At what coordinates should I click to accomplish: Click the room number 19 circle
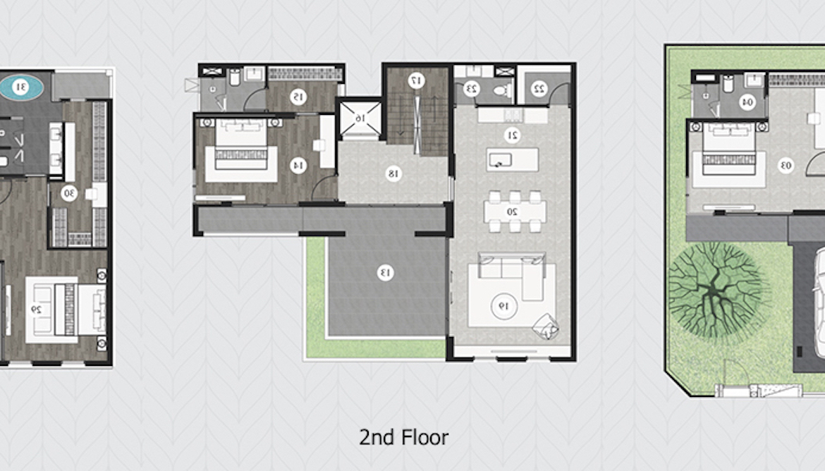click(504, 306)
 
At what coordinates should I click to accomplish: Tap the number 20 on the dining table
click(512, 212)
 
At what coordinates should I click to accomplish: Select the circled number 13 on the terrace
click(386, 272)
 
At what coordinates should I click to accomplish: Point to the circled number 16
click(360, 119)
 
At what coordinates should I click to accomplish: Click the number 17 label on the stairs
click(416, 80)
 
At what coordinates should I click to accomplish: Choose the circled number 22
click(539, 88)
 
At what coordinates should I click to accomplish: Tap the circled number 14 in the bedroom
click(298, 166)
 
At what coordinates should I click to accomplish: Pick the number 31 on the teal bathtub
click(21, 87)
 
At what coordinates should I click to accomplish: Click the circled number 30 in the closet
click(69, 194)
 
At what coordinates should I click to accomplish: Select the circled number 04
click(747, 102)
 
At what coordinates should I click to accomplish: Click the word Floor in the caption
click(424, 437)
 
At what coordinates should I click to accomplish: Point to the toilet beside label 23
click(503, 90)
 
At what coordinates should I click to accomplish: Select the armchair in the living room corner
click(545, 326)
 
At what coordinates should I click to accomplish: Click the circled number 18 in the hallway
click(393, 173)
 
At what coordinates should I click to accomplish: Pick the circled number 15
click(298, 97)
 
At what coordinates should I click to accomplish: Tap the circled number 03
click(786, 166)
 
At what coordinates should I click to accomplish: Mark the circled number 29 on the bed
click(37, 310)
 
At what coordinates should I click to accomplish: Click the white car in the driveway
click(819, 310)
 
